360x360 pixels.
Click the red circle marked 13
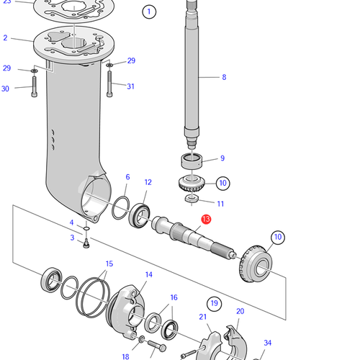click(206, 220)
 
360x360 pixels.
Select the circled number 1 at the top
click(149, 12)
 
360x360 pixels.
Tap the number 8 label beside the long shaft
click(223, 77)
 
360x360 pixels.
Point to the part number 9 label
click(222, 158)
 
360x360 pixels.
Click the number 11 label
click(220, 204)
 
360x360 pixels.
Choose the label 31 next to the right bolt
click(130, 87)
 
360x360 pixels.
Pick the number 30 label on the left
click(6, 89)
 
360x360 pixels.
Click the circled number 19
click(213, 302)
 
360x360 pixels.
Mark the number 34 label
click(268, 343)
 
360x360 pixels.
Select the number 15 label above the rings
click(109, 264)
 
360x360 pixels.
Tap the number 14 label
click(148, 274)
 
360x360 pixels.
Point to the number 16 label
click(173, 297)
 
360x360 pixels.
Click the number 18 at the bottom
click(125, 356)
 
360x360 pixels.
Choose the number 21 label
click(202, 317)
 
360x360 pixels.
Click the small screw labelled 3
click(85, 246)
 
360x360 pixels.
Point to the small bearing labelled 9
click(191, 161)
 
